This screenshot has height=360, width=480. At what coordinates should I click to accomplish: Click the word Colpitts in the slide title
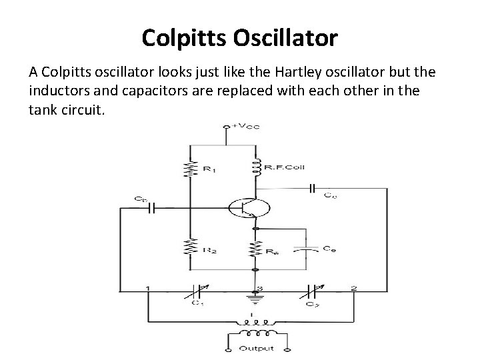point(185,37)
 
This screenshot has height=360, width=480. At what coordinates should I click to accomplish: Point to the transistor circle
point(249,207)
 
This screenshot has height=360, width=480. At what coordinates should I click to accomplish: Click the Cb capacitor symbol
point(151,207)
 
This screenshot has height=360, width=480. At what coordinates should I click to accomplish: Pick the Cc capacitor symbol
point(312,189)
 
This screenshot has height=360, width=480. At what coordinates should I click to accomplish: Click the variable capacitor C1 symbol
point(197,291)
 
